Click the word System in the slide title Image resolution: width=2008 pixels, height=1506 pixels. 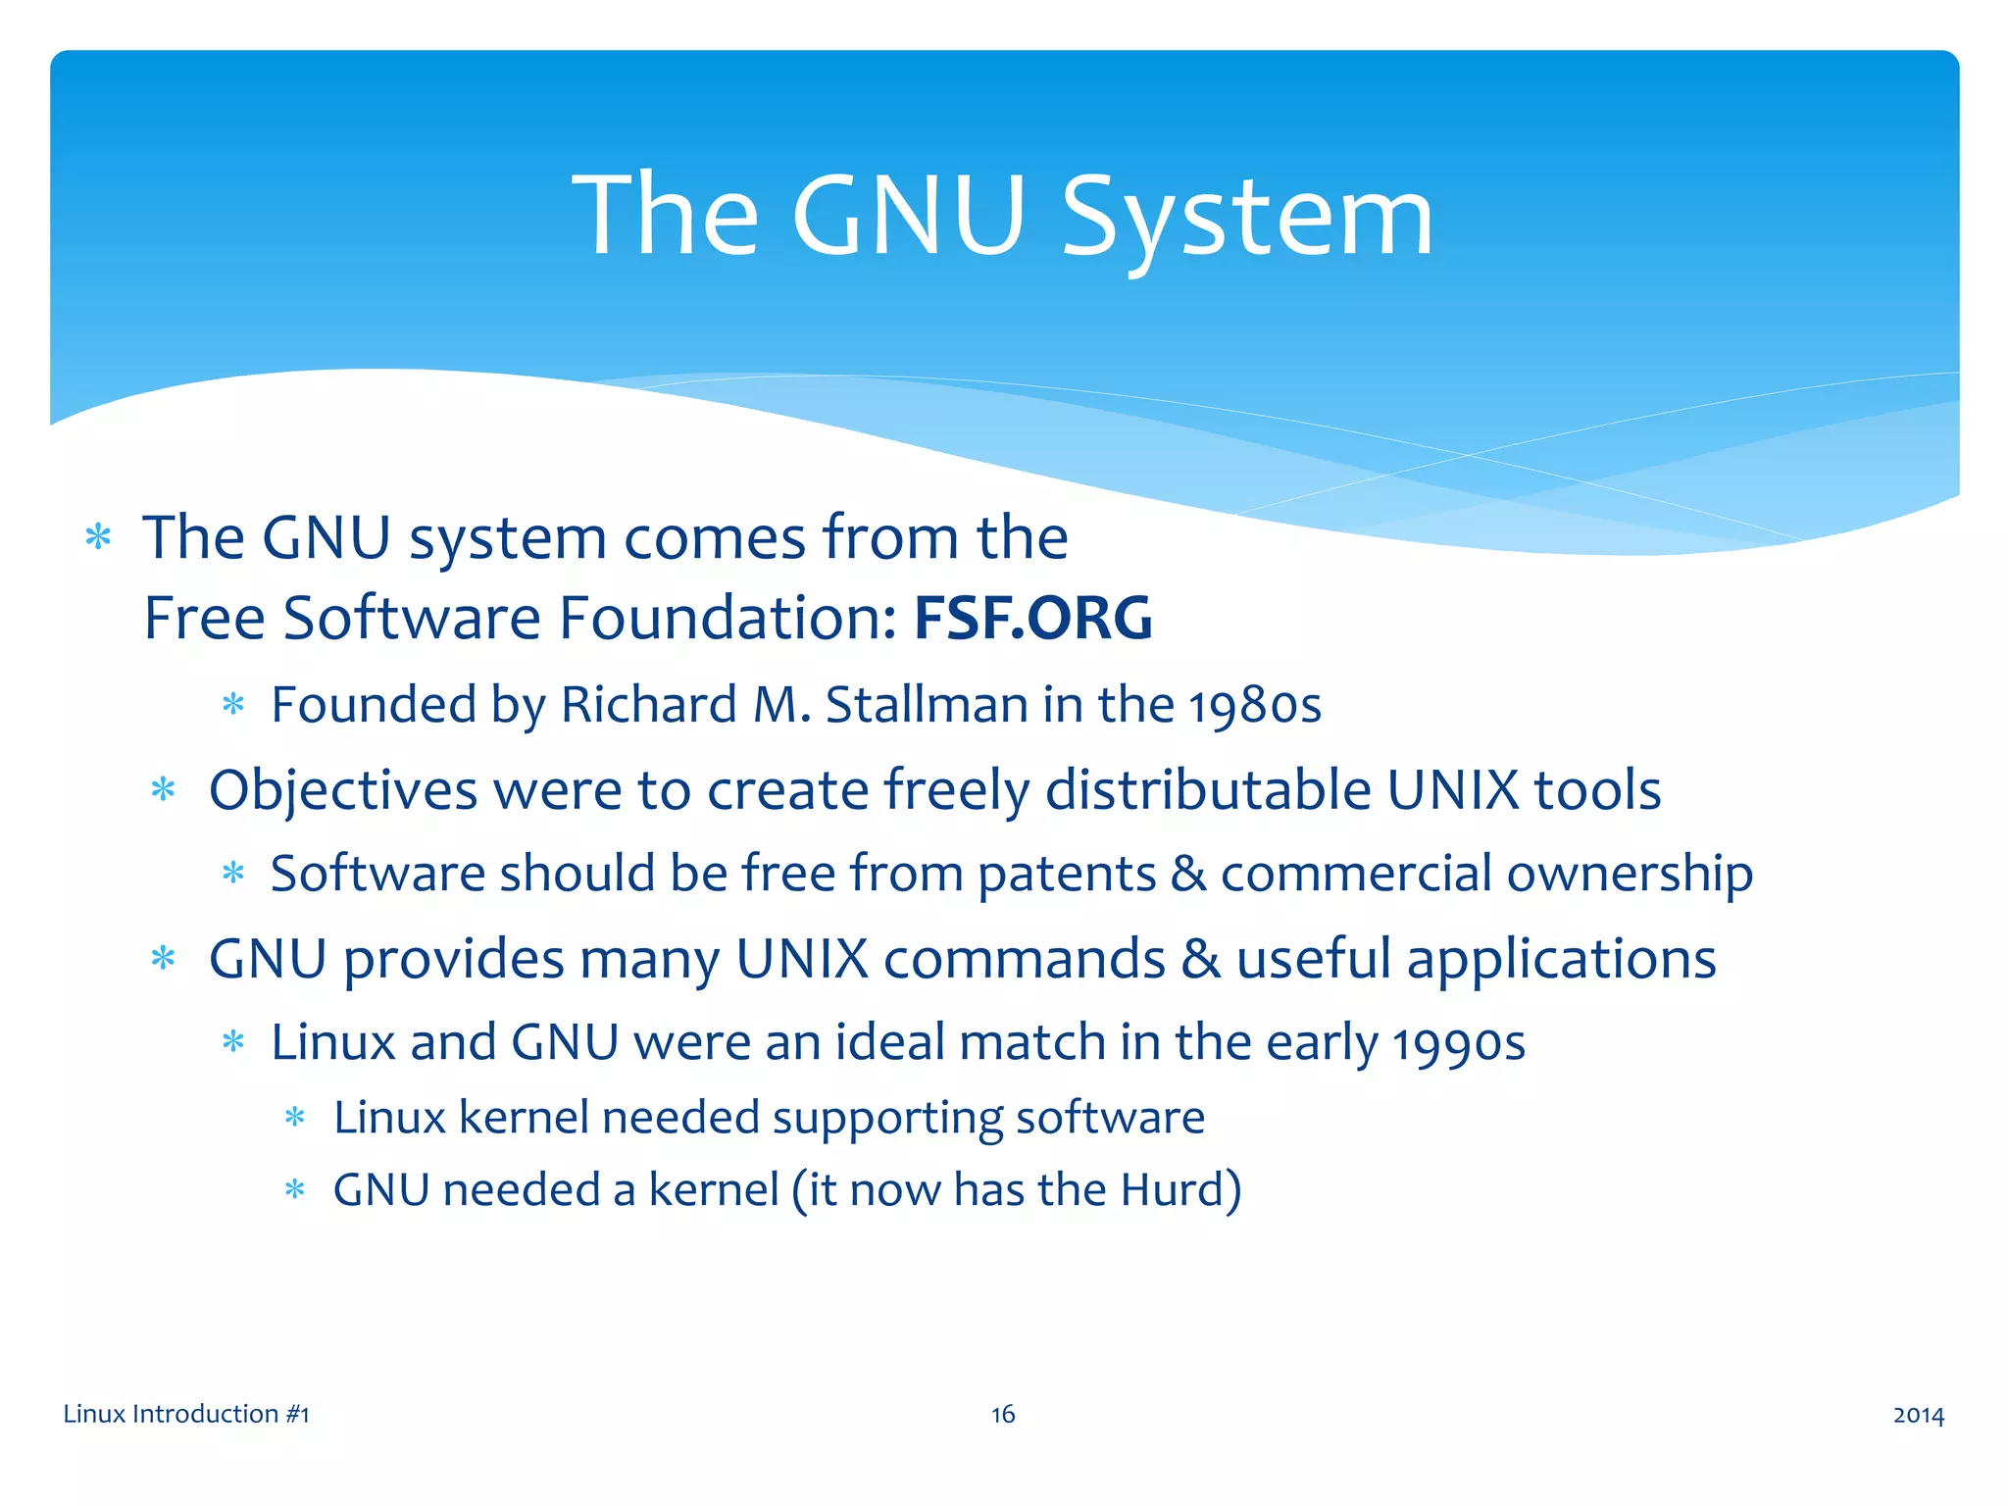(x=1247, y=218)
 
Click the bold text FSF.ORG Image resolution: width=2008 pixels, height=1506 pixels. (x=1032, y=618)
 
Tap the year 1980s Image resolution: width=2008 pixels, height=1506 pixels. (x=1255, y=706)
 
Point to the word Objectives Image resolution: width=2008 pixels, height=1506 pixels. (x=343, y=791)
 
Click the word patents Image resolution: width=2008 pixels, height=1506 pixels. (x=1067, y=874)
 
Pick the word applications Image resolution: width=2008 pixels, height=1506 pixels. (x=1561, y=959)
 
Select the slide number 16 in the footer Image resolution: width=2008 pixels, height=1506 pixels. (x=1003, y=1414)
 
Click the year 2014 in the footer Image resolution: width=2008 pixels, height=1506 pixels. (x=1918, y=1414)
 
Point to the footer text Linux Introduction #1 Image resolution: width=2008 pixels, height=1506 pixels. (x=186, y=1414)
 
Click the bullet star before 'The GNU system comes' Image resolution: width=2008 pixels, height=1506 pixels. (x=98, y=537)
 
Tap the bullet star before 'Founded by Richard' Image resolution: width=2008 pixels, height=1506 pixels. (x=233, y=704)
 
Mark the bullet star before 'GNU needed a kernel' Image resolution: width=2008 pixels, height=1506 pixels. (x=295, y=1190)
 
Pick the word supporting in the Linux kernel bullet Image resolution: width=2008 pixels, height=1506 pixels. (x=887, y=1118)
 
